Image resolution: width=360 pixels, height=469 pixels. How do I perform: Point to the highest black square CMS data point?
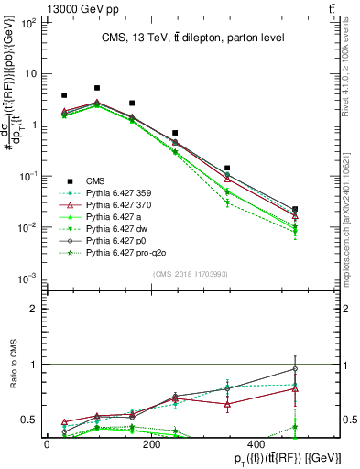click(x=97, y=88)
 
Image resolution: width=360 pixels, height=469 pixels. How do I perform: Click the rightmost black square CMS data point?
click(x=294, y=210)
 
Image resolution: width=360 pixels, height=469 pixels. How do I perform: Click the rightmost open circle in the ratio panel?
click(x=294, y=369)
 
